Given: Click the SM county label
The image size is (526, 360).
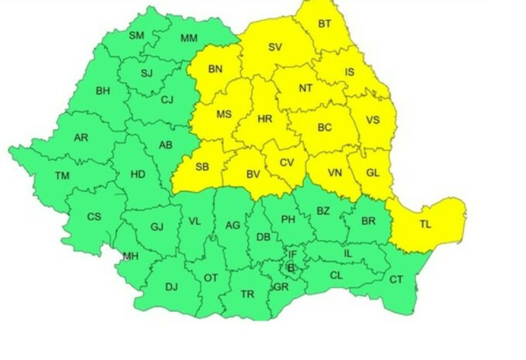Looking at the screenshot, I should (x=137, y=36).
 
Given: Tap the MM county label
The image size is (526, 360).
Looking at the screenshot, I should (x=189, y=38).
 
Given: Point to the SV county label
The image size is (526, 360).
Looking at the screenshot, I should (x=275, y=46).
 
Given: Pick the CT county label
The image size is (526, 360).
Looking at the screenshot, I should (x=396, y=279).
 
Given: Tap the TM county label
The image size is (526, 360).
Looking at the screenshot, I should (x=62, y=177).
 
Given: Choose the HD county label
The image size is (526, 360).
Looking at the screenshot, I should (x=138, y=174).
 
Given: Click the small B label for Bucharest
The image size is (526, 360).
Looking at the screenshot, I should (x=291, y=268).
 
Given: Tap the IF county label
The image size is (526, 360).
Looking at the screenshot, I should (x=292, y=254).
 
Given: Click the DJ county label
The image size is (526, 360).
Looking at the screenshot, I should (x=171, y=287).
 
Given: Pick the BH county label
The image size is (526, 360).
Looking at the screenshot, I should (x=103, y=91).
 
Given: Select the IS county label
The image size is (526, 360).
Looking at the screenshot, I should (x=350, y=72).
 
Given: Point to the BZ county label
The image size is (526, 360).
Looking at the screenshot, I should (x=323, y=211).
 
